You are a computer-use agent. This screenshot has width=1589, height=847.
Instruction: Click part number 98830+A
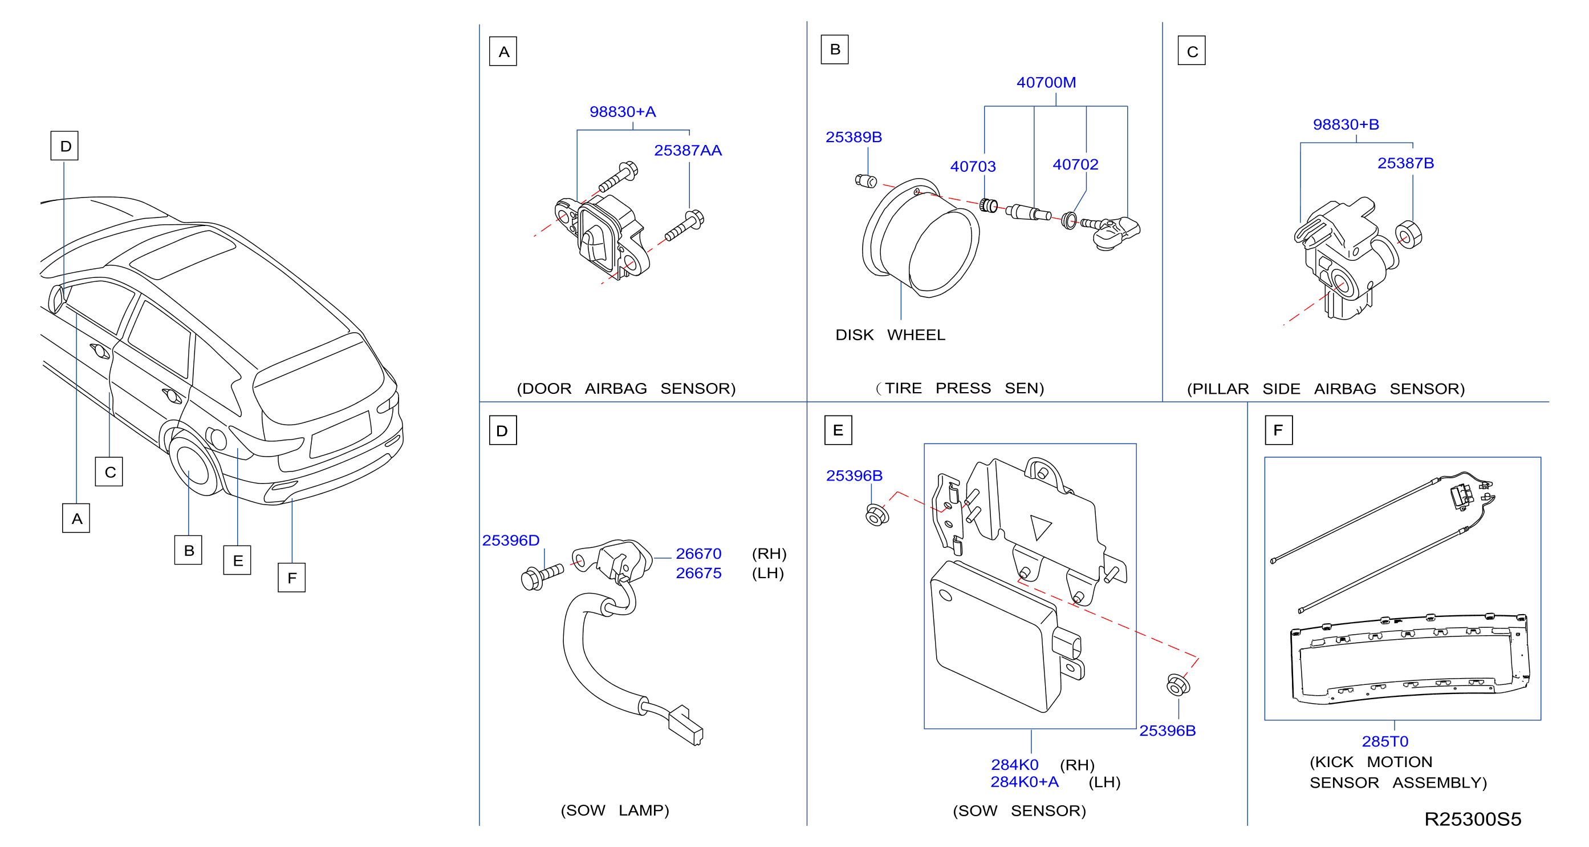[x=623, y=112]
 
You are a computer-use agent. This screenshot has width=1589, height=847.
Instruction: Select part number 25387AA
[x=688, y=151]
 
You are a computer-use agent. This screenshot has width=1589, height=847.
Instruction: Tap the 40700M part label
[x=1046, y=83]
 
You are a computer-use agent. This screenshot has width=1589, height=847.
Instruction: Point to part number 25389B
[x=854, y=137]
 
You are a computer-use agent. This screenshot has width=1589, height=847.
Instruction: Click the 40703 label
[x=973, y=167]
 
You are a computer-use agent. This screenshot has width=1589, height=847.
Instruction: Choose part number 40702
[x=1075, y=165]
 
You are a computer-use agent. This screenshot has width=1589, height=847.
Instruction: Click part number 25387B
[x=1406, y=164]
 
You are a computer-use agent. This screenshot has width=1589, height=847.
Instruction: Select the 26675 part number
[x=698, y=574]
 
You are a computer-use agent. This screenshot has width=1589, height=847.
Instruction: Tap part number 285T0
[x=1385, y=741]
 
